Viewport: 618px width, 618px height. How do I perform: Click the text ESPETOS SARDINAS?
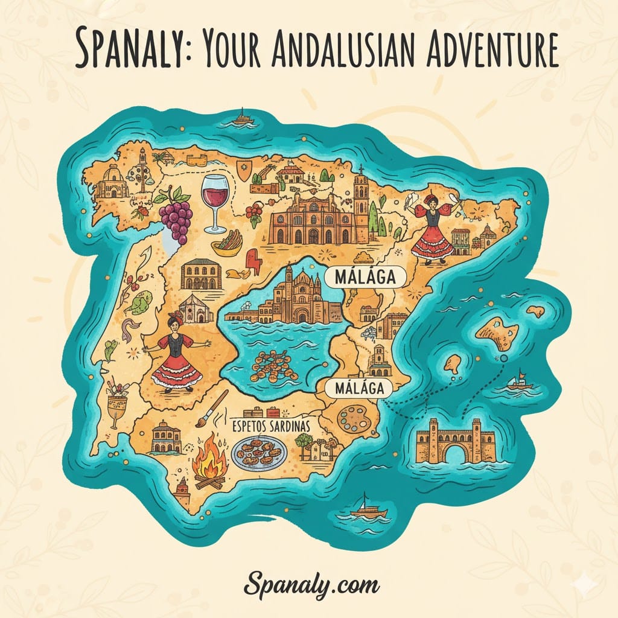(271, 425)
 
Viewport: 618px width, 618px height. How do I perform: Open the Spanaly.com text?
(311, 584)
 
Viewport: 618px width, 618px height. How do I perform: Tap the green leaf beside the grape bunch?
(141, 301)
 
